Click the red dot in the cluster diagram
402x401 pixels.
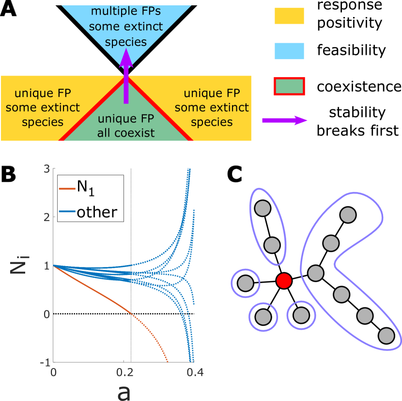coord(284,281)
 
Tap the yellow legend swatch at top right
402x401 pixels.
coord(289,16)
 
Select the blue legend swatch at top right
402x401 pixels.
coord(289,51)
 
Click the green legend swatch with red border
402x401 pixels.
coord(289,86)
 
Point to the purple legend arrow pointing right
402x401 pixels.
coord(285,121)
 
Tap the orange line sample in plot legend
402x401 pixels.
coord(67,189)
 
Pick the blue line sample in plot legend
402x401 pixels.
coord(67,211)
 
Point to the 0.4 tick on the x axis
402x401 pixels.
coord(195,372)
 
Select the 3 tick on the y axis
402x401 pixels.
coord(46,169)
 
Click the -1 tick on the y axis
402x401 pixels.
coord(45,362)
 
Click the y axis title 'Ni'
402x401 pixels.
coord(19,266)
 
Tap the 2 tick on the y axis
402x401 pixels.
coord(46,217)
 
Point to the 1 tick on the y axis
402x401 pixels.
coord(46,266)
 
